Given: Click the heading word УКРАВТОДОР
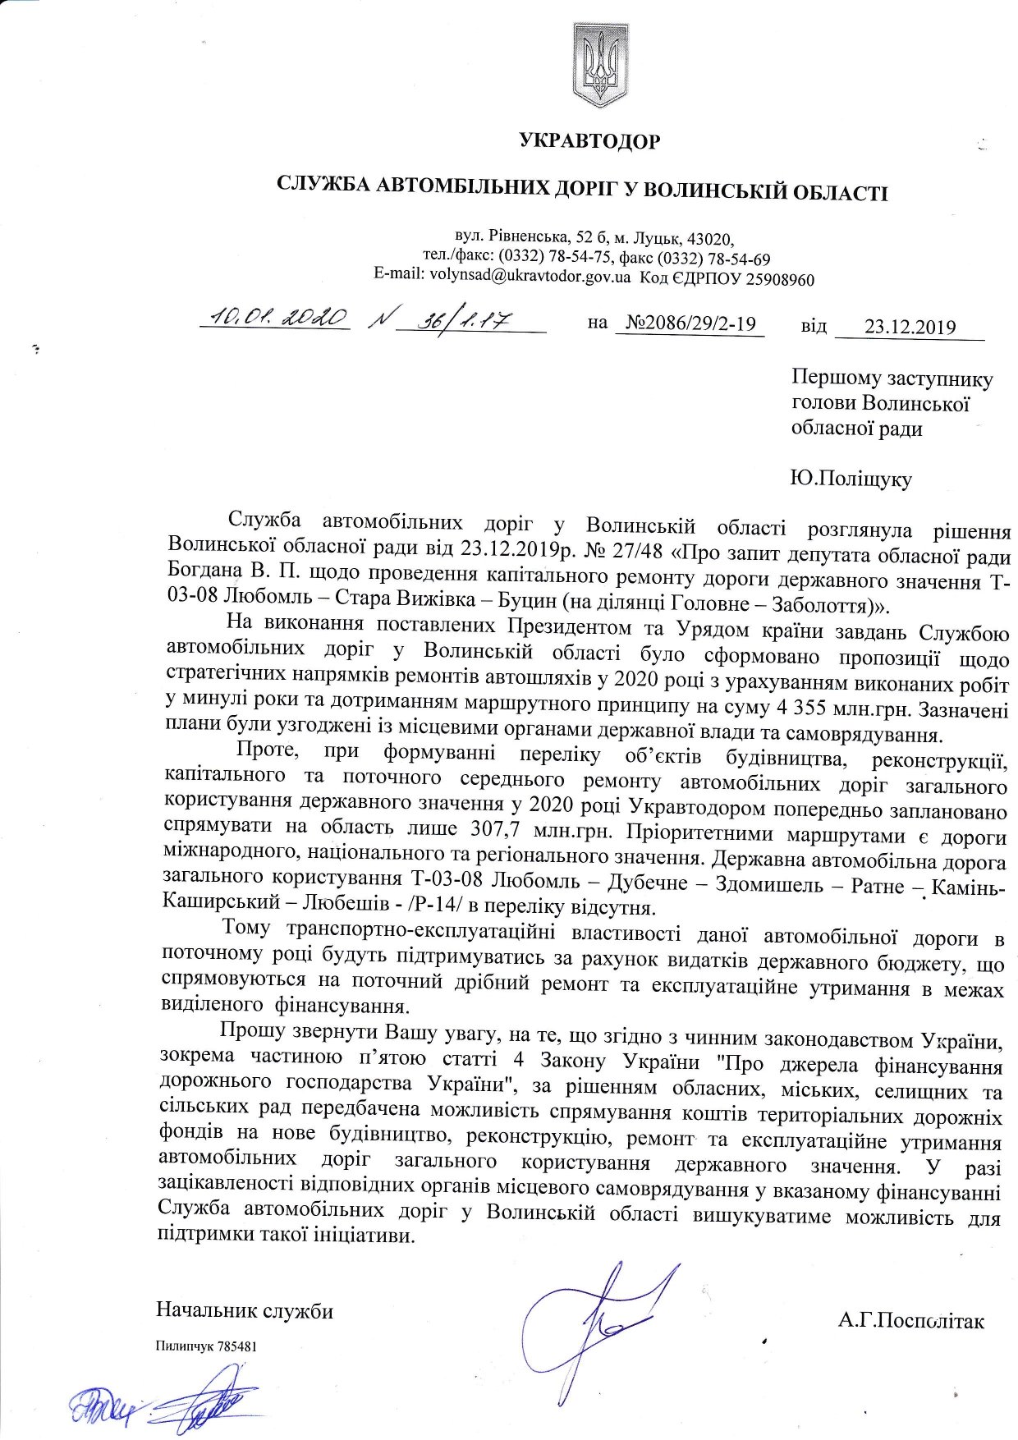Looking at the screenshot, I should click(589, 142).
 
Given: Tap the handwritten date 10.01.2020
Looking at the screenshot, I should click(277, 319).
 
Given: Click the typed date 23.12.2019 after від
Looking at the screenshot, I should click(910, 327).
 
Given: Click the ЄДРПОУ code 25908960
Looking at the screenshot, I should click(779, 280).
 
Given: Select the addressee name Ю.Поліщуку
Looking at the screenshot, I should click(851, 479).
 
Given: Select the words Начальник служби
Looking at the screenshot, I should click(245, 1310).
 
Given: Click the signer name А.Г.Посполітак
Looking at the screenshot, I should click(911, 1321).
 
